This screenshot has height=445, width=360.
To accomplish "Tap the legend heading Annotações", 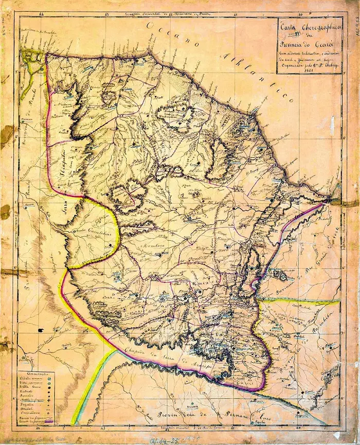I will tap(38, 373).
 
